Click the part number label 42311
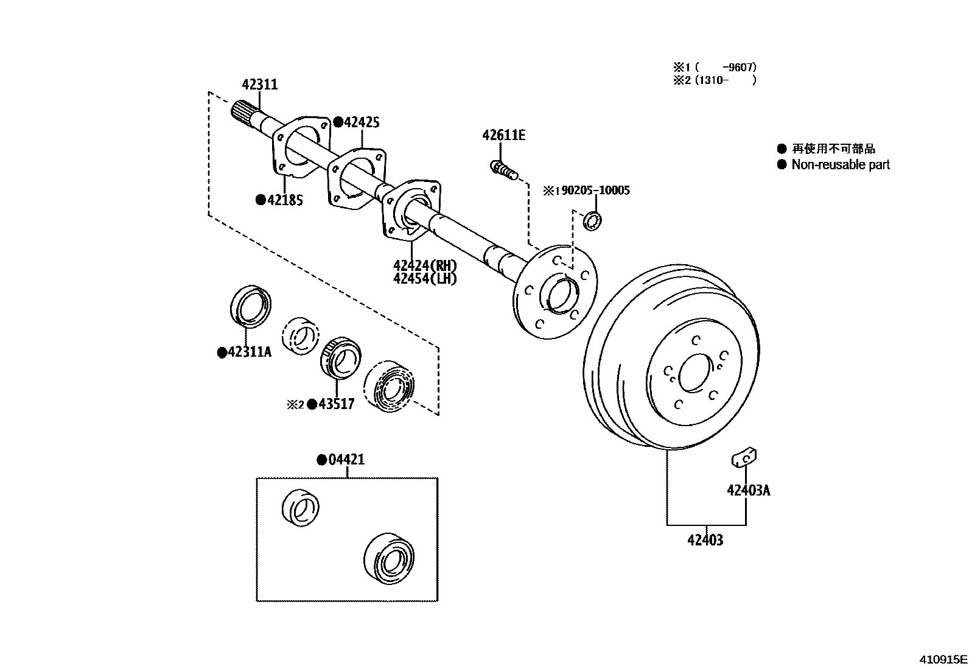coord(259,85)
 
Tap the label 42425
coord(362,122)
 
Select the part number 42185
coord(285,200)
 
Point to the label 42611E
coord(503,136)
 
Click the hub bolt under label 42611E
coord(504,170)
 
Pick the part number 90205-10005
coord(596,191)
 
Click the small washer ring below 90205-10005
coord(592,221)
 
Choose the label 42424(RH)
coord(425,265)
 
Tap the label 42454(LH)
coord(425,278)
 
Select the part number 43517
coord(337,404)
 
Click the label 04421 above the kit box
coord(346,459)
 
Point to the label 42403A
coord(749,490)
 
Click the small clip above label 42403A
coord(744,457)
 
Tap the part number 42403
coord(705,540)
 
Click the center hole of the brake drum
coord(694,373)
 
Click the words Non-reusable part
coord(841,164)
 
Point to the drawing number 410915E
coord(943,659)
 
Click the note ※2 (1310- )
coord(715,80)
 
